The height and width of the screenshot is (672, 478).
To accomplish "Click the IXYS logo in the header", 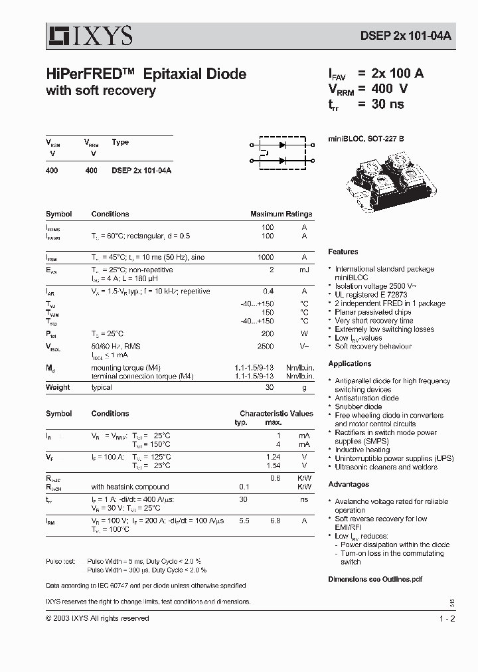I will (89, 34).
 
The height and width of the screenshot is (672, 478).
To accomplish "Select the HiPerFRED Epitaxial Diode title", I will (146, 74).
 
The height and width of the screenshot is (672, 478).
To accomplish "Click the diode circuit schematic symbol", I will (281, 151).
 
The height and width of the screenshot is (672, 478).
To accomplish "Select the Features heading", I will (343, 252).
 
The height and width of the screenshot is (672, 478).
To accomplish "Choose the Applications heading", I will (350, 363).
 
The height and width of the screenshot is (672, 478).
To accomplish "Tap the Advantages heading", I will (349, 484).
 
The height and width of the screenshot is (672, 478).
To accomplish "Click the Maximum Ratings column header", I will (281, 214).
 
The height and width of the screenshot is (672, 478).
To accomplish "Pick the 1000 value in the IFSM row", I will (266, 257).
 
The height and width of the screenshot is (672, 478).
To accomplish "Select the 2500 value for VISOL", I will (266, 347).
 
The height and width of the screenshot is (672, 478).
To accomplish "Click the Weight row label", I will (58, 387).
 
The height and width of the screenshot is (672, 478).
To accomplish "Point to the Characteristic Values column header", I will (276, 413).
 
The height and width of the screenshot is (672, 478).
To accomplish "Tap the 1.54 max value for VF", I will (273, 465).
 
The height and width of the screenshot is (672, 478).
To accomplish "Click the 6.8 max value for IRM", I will (273, 521).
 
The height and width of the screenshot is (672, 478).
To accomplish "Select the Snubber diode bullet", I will (358, 406).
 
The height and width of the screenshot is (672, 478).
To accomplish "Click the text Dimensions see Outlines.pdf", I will (375, 579).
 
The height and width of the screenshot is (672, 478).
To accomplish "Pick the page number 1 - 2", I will (447, 618).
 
